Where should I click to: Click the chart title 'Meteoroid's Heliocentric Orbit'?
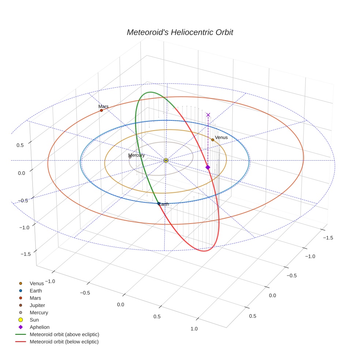(x=180, y=32)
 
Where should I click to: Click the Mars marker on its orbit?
(x=101, y=110)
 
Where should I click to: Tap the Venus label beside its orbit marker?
(x=221, y=138)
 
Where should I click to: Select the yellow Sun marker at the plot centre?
(x=166, y=160)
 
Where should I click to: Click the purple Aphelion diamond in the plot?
(x=208, y=167)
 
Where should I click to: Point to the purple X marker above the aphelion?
(x=208, y=115)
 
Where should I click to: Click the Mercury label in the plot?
(x=136, y=155)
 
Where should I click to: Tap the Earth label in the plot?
(x=164, y=204)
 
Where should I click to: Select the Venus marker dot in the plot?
(x=213, y=140)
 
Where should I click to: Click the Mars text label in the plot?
(x=104, y=106)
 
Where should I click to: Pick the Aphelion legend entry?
(x=39, y=327)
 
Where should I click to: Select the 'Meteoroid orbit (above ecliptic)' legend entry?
(x=64, y=334)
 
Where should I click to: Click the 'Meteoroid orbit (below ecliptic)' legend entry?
(x=64, y=342)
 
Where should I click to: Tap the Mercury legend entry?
(x=38, y=312)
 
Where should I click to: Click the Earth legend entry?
(x=35, y=290)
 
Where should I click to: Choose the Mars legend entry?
(x=35, y=298)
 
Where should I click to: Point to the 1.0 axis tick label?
(x=194, y=329)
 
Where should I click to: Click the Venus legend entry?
(x=36, y=283)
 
